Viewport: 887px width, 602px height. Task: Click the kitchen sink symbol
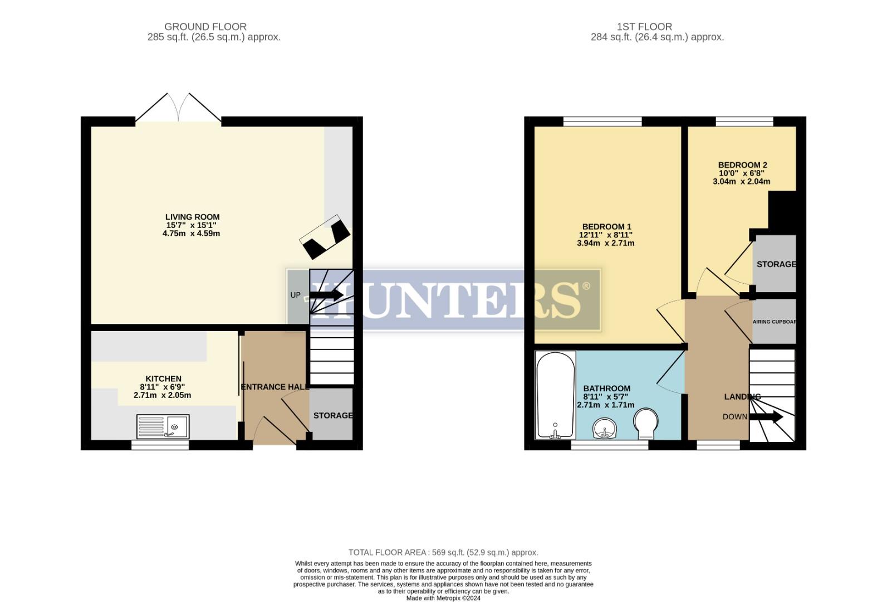[x=163, y=427]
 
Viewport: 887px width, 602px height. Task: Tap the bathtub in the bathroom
[x=555, y=395]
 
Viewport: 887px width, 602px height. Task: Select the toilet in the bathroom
[x=646, y=424]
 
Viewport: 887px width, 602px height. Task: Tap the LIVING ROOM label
[x=192, y=217]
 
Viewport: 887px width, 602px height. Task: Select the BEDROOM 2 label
[x=742, y=165]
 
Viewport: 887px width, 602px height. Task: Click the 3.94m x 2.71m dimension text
[x=606, y=243]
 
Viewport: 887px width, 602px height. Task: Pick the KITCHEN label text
[x=163, y=378]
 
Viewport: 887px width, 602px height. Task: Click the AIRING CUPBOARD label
[x=774, y=322]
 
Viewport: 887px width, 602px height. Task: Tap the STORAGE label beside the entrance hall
[x=332, y=415]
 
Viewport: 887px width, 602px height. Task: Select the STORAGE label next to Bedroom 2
[x=776, y=264]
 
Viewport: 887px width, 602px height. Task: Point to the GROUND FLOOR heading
[x=205, y=27]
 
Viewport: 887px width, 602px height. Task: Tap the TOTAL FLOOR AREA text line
[x=443, y=552]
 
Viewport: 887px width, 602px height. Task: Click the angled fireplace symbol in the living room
[x=325, y=236]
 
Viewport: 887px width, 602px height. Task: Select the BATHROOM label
[x=606, y=389]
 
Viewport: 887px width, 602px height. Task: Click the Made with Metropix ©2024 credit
[x=443, y=598]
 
